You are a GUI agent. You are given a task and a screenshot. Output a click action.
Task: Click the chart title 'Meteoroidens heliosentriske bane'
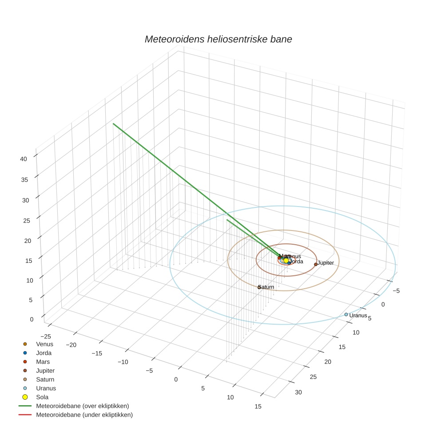(218, 39)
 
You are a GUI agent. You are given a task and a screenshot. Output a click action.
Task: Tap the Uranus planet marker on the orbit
(346, 314)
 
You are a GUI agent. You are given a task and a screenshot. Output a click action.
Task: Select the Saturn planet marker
(259, 287)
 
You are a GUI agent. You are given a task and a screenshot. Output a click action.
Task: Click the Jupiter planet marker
(316, 264)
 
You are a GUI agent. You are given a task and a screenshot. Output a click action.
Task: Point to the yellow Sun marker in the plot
(286, 261)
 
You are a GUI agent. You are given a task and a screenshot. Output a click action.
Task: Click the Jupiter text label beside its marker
(326, 263)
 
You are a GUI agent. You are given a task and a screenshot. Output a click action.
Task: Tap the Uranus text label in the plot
(358, 315)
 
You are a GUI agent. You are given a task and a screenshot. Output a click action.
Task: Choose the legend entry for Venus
(44, 344)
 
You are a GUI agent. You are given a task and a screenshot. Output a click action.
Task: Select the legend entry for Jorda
(44, 353)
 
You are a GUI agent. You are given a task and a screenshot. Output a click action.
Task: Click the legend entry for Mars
(43, 362)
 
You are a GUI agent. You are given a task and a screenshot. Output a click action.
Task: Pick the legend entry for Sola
(42, 397)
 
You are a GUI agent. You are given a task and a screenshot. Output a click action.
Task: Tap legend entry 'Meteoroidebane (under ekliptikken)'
(84, 415)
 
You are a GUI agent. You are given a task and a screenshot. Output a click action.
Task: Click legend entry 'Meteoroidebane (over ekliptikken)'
(83, 406)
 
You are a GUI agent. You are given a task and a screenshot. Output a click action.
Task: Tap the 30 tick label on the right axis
(298, 392)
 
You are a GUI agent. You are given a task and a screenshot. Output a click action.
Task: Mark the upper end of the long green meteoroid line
(113, 124)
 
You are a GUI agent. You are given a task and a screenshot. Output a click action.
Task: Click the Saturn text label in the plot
(267, 287)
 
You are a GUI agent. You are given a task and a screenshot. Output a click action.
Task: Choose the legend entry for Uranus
(46, 388)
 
